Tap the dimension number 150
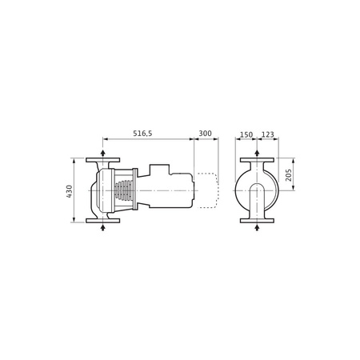tap(246, 134)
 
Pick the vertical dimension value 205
tap(290, 175)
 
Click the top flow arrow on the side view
tap(103, 152)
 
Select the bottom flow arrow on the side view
tap(103, 229)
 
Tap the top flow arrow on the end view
tap(255, 152)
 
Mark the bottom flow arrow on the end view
tap(255, 229)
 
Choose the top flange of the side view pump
tap(103, 161)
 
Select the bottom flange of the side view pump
tap(103, 221)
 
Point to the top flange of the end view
tap(255, 161)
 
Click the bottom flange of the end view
tap(255, 221)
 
